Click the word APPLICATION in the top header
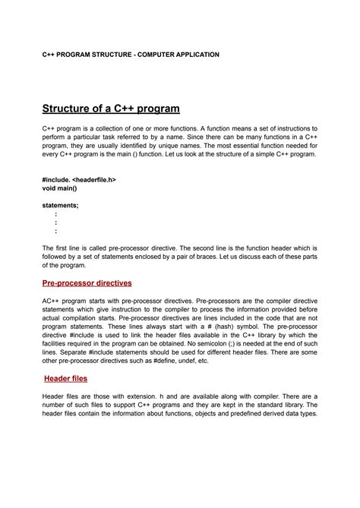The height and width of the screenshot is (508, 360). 195,55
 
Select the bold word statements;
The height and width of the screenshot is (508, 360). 60,205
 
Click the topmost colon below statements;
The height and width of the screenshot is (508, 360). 55,214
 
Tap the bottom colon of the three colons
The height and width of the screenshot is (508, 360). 55,232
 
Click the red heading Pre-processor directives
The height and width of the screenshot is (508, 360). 87,282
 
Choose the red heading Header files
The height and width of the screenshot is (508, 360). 65,377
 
